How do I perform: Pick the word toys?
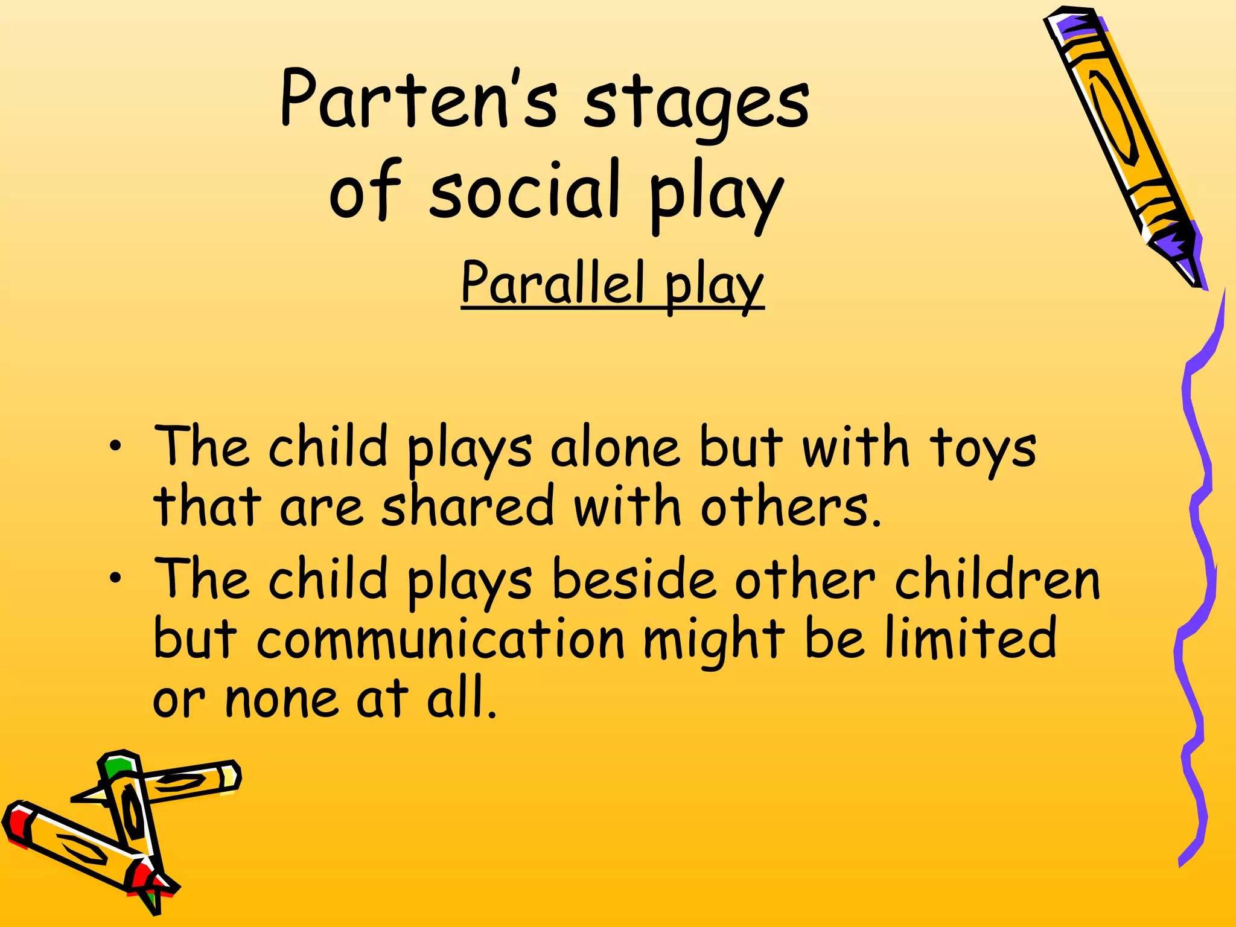tap(982, 450)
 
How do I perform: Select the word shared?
tap(468, 506)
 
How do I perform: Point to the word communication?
tap(441, 639)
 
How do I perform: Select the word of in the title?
tap(365, 190)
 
